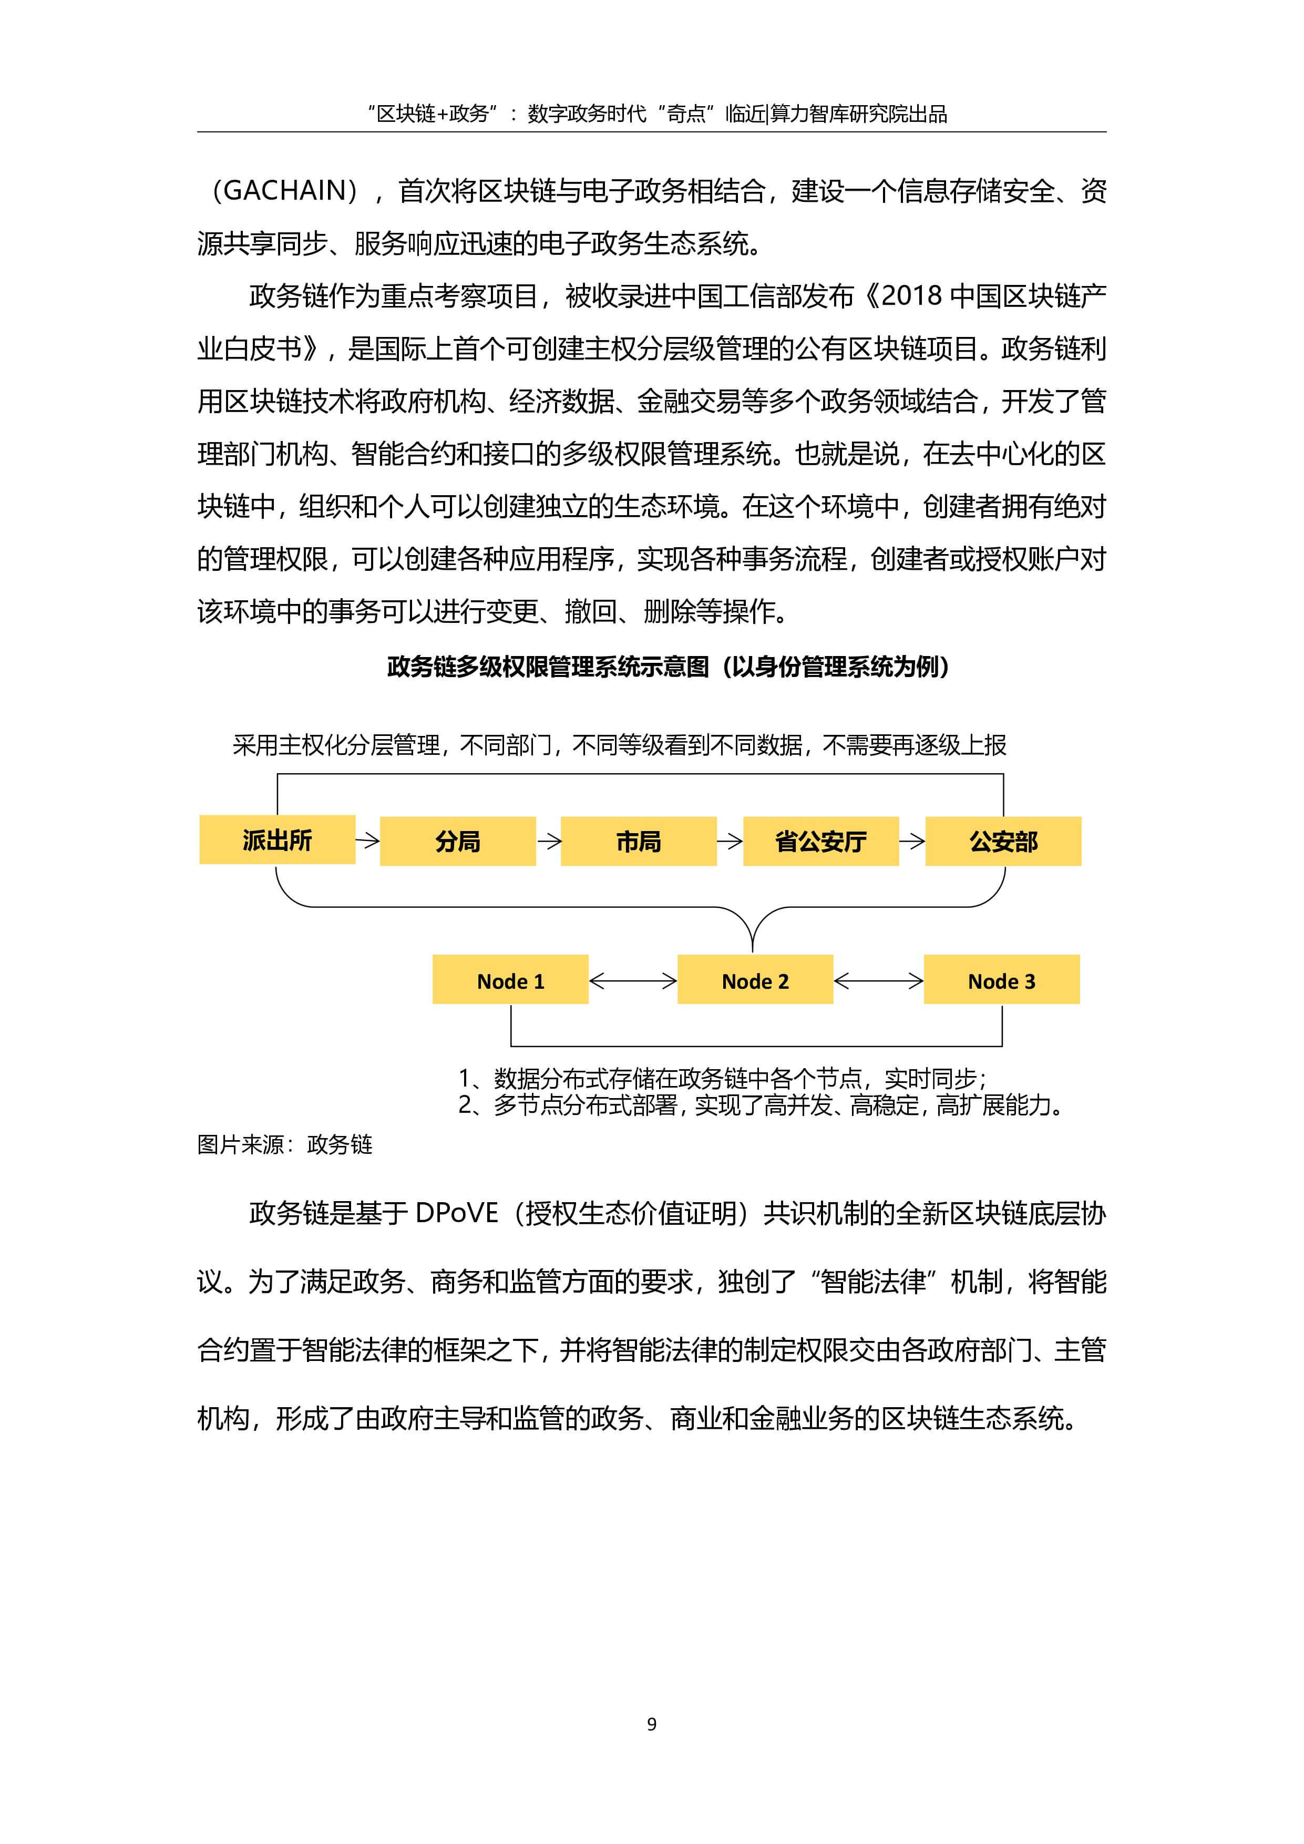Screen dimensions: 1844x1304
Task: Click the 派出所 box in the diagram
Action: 277,840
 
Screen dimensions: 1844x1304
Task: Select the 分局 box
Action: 458,841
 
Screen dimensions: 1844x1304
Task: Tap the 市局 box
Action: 639,841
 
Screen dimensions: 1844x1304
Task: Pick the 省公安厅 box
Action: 820,841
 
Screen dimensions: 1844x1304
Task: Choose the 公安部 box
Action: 1003,841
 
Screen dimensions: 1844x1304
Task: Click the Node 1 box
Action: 510,980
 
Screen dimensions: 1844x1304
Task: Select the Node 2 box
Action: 755,980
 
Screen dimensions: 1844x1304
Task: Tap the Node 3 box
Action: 1001,980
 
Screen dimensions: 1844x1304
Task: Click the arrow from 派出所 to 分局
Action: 368,841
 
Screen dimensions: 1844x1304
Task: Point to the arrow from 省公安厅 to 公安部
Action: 912,841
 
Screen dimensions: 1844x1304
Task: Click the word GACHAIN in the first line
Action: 284,191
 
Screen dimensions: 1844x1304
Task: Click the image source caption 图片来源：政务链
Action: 284,1144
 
